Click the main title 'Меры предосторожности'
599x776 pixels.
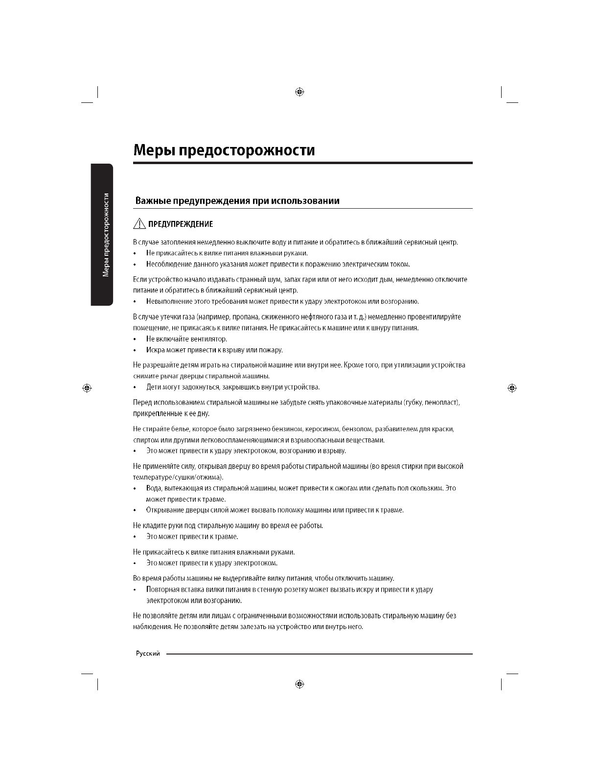click(224, 150)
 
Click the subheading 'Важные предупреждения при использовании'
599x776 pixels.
click(237, 201)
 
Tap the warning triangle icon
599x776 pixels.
click(139, 224)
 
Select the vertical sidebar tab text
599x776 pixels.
click(106, 235)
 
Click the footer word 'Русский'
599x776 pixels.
click(148, 655)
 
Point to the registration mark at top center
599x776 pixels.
click(300, 92)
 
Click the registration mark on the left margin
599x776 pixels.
click(87, 388)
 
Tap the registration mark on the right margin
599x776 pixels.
click(512, 388)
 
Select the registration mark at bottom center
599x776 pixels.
click(300, 684)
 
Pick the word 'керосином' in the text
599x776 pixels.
click(320, 429)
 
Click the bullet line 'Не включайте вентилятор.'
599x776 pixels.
click(186, 339)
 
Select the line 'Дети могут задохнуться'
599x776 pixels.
click(232, 387)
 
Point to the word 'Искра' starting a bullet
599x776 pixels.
click(155, 350)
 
